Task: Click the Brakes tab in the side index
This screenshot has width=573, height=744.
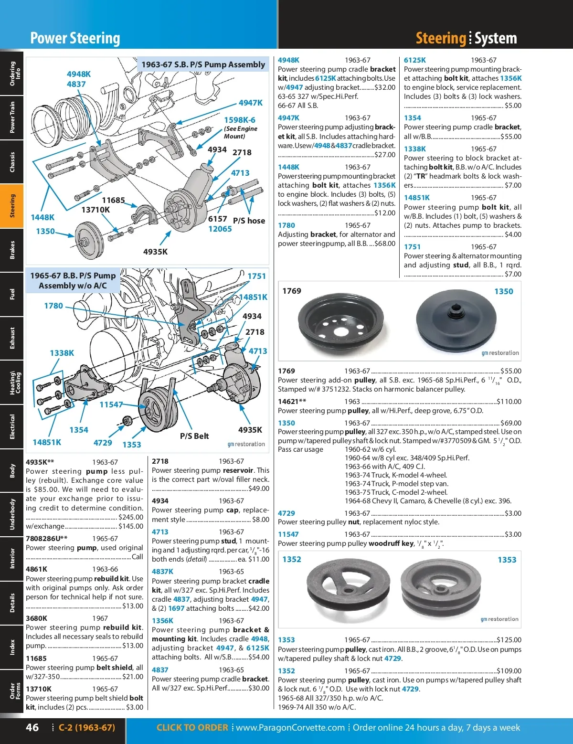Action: point(12,250)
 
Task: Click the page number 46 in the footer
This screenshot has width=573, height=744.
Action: point(32,727)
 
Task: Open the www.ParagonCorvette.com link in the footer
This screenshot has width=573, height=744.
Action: point(290,727)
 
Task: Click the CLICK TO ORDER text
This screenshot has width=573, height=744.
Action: point(192,727)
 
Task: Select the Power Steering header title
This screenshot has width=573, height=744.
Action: point(75,38)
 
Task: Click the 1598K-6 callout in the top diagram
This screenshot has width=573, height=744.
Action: point(240,120)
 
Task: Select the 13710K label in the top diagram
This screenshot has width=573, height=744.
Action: point(95,210)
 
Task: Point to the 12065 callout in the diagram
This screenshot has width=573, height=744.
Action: point(220,229)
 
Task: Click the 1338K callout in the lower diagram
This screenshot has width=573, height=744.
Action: point(62,353)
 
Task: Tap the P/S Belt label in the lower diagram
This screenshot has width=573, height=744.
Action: point(194,436)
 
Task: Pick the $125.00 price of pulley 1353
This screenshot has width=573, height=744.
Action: point(509,640)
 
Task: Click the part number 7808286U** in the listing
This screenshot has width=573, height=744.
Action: point(47,538)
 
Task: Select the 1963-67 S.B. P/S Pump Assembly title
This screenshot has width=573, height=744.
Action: point(203,64)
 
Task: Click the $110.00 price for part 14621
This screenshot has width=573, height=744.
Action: point(509,402)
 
